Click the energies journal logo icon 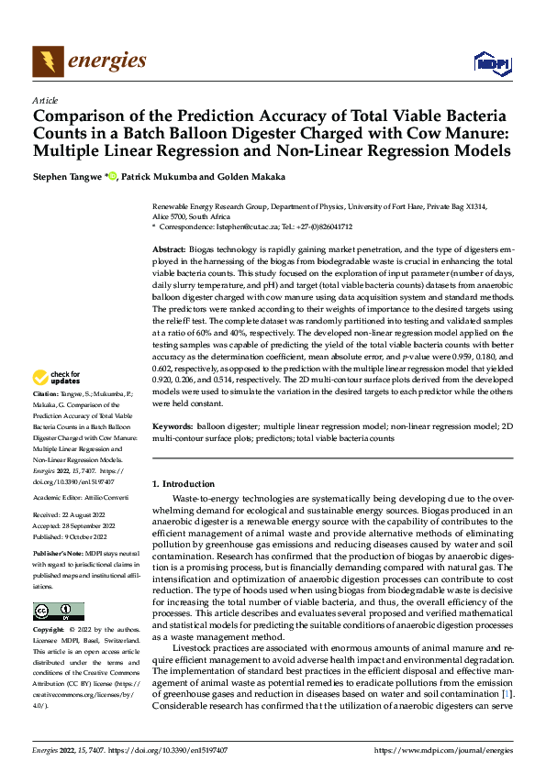tap(47, 61)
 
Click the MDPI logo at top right tap(491, 62)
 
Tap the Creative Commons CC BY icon tap(58, 612)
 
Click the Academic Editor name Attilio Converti tap(106, 495)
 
